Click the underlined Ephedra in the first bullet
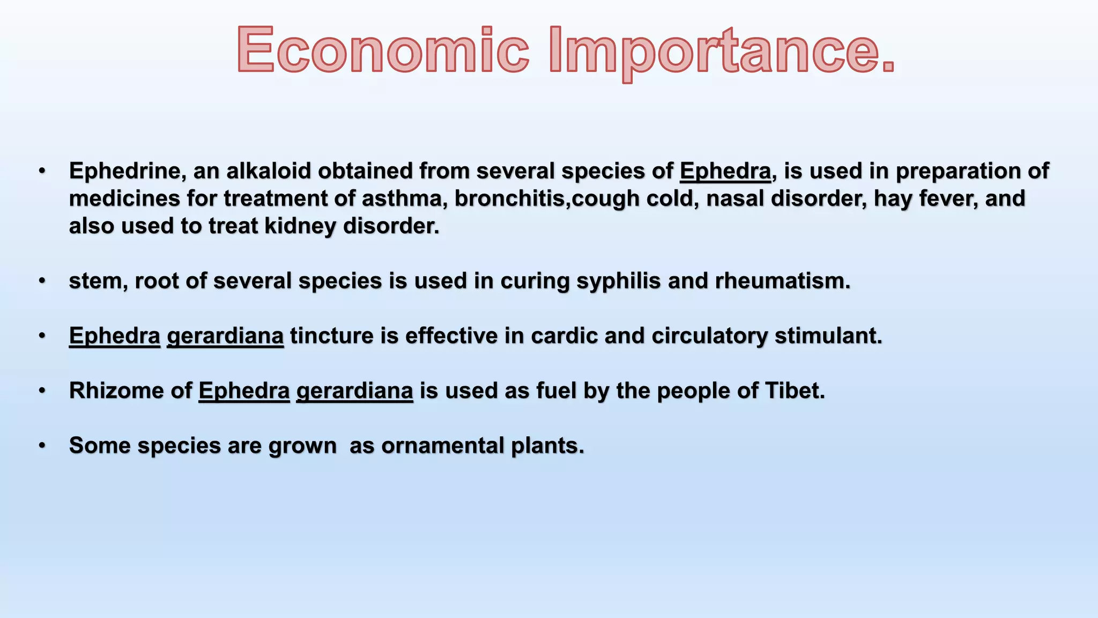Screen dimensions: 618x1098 (x=725, y=171)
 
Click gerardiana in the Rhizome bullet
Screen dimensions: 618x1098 (x=354, y=391)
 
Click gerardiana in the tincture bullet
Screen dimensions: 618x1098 (x=225, y=336)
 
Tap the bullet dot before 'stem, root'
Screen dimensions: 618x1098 (x=42, y=281)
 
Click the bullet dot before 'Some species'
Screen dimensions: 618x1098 (x=42, y=446)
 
